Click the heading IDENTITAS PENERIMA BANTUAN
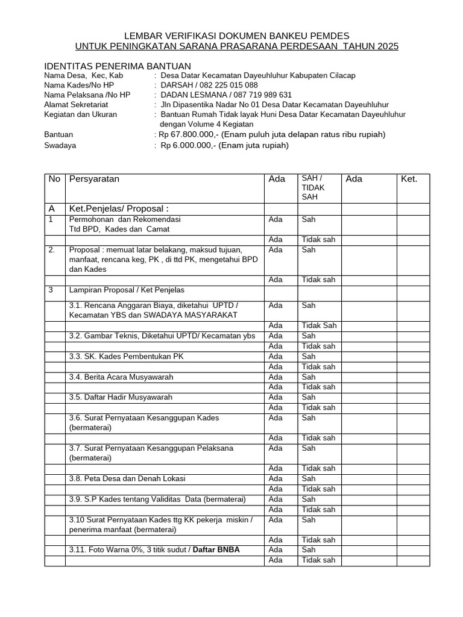(x=118, y=66)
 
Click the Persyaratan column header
(x=95, y=179)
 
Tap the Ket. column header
(x=409, y=179)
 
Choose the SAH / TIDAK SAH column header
(x=312, y=187)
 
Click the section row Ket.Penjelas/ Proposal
(x=118, y=208)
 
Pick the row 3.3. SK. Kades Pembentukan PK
(x=127, y=356)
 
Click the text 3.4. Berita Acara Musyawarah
(x=121, y=377)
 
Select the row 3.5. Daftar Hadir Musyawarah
(x=121, y=397)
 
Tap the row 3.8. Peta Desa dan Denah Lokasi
(x=127, y=478)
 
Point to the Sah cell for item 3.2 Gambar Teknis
(x=308, y=336)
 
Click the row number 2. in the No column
(x=52, y=249)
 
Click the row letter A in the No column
(x=51, y=208)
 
